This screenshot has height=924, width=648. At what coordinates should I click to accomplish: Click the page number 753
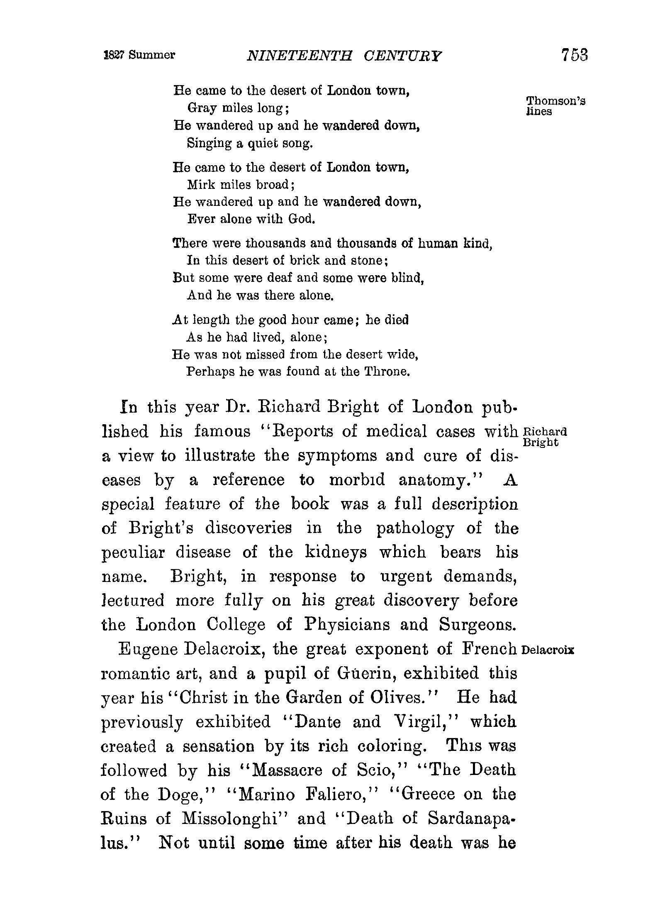pyautogui.click(x=575, y=55)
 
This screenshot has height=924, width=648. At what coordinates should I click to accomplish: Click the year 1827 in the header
pyautogui.click(x=114, y=55)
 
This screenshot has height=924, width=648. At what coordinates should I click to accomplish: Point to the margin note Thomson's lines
pyautogui.click(x=555, y=106)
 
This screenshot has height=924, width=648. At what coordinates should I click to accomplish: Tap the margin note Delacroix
pyautogui.click(x=549, y=650)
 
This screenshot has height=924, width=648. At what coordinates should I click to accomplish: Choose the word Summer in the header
pyautogui.click(x=151, y=55)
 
